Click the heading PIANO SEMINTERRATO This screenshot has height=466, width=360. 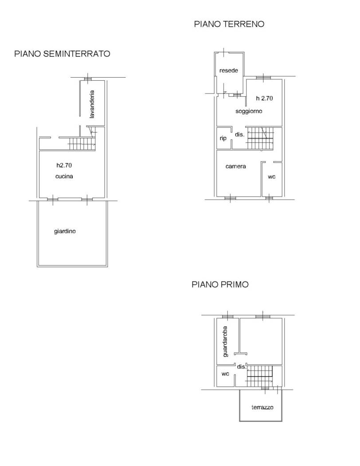[x=62, y=54]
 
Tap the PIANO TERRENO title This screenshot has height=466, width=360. [x=229, y=24]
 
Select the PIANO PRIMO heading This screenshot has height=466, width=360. [x=220, y=284]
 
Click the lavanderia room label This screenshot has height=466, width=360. [x=92, y=105]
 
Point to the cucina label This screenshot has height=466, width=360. [x=64, y=176]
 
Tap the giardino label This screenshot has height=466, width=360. [x=65, y=231]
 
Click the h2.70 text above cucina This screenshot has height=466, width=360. [x=64, y=166]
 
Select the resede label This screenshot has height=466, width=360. [x=228, y=71]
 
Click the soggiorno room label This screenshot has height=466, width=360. [x=249, y=111]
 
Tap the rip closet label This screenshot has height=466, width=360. [x=223, y=138]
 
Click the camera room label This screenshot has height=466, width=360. [x=235, y=166]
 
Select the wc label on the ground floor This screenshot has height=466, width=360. [x=272, y=177]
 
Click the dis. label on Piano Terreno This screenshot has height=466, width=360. [x=239, y=134]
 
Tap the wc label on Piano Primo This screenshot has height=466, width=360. [x=225, y=374]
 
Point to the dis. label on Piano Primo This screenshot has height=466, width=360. [x=241, y=367]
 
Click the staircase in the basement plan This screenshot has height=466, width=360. [x=82, y=143]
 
